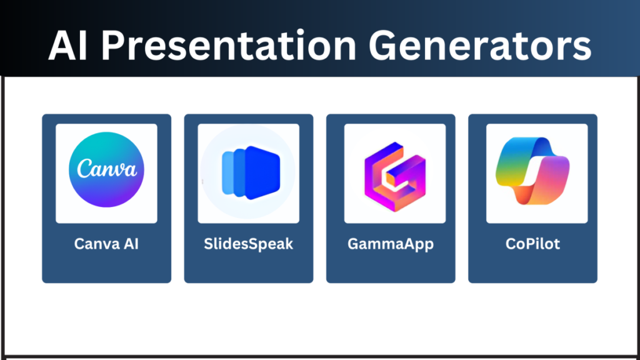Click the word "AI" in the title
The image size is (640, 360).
tap(67, 45)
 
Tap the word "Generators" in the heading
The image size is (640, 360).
tap(480, 45)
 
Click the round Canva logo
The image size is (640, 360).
tap(106, 169)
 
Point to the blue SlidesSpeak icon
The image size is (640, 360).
tap(251, 172)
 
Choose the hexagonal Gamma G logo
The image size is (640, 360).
tap(395, 177)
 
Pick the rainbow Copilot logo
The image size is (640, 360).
tap(532, 171)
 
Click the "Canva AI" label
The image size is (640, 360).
tap(106, 244)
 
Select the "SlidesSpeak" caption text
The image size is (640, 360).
tap(249, 244)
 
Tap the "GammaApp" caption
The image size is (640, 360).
tap(391, 244)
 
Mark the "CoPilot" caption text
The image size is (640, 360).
tap(532, 244)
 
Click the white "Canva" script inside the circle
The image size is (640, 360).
tap(107, 169)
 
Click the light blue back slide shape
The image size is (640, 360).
tap(227, 172)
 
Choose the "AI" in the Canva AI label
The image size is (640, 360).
tap(131, 244)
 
